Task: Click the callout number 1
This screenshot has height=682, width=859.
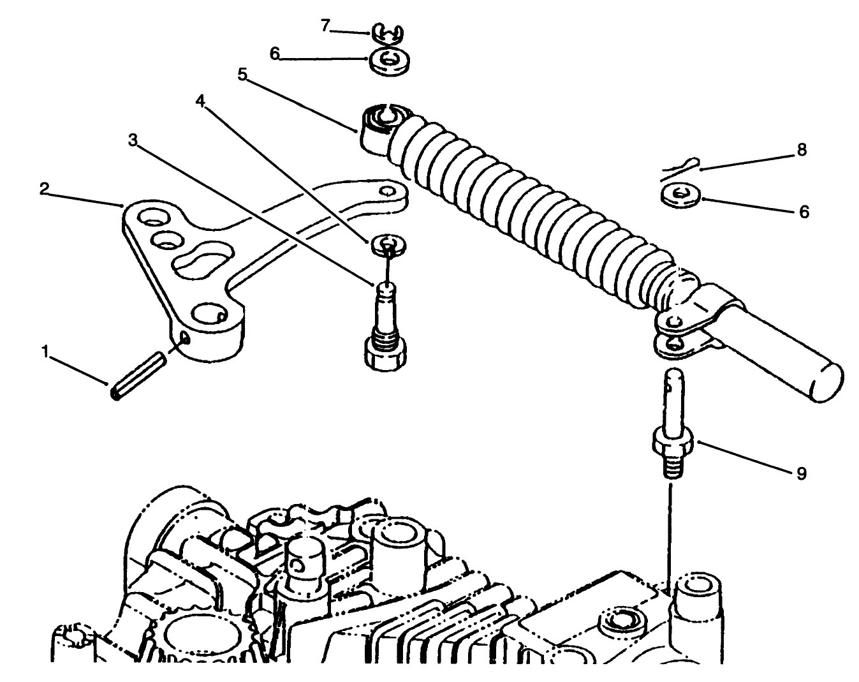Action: coord(45,351)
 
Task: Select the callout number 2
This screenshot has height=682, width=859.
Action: coord(43,189)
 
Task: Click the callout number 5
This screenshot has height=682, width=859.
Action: coord(242,75)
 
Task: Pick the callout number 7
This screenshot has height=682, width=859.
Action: coord(325,26)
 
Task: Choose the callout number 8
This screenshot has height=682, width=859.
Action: coord(802,150)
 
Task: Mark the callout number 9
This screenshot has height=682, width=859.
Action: coord(801,473)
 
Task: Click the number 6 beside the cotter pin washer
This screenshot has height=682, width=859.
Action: coord(804,212)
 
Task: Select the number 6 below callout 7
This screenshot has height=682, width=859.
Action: coord(274,54)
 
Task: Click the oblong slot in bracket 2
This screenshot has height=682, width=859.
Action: coord(198,260)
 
